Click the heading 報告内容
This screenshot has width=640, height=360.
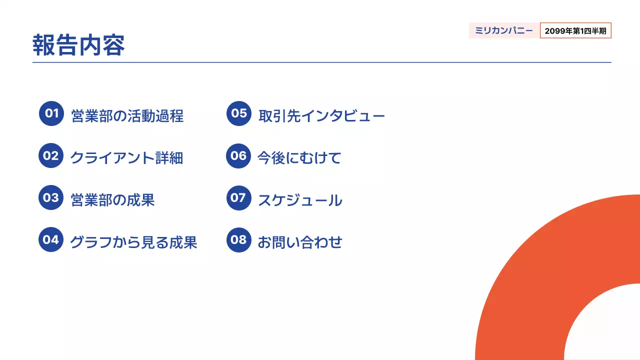(x=78, y=45)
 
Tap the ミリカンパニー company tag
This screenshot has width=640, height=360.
(x=504, y=30)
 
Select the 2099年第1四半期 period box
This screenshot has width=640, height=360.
(x=575, y=30)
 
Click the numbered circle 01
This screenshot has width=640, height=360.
(x=51, y=113)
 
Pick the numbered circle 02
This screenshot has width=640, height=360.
(x=51, y=155)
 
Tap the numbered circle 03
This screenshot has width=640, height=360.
(x=51, y=197)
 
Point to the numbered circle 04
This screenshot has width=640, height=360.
(x=51, y=239)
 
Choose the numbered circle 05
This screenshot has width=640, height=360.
(x=239, y=113)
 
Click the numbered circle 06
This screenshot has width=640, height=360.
(x=238, y=155)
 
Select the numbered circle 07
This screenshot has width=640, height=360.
(x=238, y=197)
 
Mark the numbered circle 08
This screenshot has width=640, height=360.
(x=238, y=239)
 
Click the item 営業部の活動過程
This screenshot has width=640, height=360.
(x=127, y=116)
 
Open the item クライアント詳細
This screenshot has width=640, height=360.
(x=126, y=158)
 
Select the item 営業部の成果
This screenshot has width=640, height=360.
(x=112, y=200)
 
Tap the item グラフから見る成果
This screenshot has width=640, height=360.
(x=133, y=242)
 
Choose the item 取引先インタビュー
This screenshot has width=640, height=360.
(x=321, y=116)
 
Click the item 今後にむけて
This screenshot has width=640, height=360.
(x=299, y=158)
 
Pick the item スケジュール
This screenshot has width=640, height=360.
(x=300, y=200)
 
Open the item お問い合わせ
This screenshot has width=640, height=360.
(x=300, y=242)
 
